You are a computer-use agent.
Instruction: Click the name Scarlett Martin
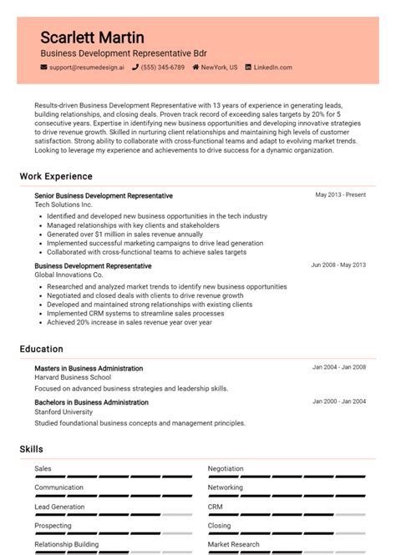click(x=92, y=38)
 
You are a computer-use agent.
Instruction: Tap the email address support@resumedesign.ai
click(x=86, y=67)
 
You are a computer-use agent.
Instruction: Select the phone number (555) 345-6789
click(x=162, y=67)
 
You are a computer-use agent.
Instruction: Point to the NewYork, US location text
click(x=219, y=67)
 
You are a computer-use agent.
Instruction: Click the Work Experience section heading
click(x=56, y=177)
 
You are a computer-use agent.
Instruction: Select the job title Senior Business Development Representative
click(x=104, y=195)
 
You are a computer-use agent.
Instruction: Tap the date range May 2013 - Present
click(x=340, y=195)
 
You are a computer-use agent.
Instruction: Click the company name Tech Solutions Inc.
click(x=63, y=204)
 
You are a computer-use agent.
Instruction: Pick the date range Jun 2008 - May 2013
click(x=338, y=265)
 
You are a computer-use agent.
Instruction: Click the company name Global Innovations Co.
click(x=69, y=275)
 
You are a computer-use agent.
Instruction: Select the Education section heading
click(x=41, y=349)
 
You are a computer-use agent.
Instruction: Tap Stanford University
click(x=63, y=411)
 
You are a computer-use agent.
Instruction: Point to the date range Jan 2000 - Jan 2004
click(x=338, y=401)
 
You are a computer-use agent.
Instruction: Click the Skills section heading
click(x=31, y=450)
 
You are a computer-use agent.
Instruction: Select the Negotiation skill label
click(x=226, y=469)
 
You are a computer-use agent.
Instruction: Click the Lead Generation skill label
click(x=59, y=507)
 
